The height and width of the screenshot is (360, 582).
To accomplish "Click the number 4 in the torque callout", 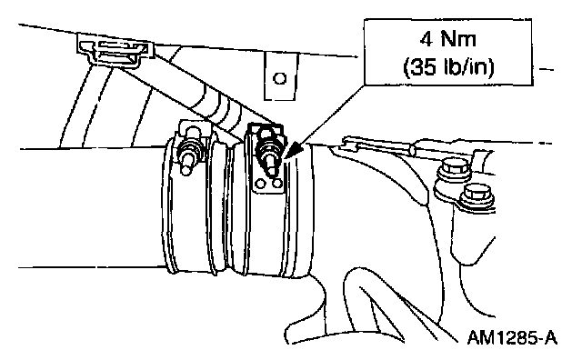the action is (x=426, y=39).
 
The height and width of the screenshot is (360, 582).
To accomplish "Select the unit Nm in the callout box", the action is (x=458, y=39).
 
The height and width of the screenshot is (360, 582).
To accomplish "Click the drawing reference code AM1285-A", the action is (x=512, y=337).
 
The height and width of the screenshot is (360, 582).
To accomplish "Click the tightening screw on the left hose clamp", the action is (x=190, y=151).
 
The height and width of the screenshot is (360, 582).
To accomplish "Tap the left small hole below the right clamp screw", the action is (x=261, y=184).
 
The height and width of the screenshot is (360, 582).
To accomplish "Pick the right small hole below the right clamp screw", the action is (x=276, y=183).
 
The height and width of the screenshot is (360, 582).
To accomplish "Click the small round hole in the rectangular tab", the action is (x=279, y=78).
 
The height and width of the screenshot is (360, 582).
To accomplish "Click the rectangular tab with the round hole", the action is (x=281, y=76).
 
